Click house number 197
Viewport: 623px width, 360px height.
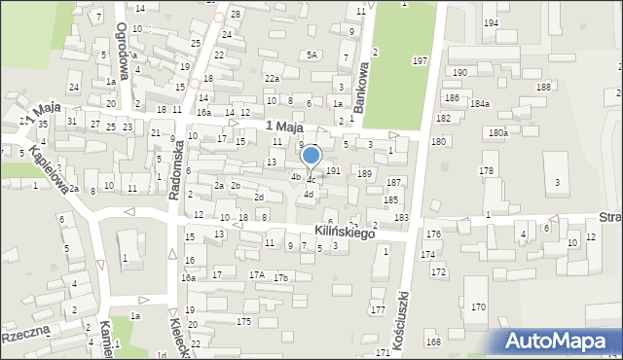coord(420,61)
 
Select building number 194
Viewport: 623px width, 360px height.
coord(491,22)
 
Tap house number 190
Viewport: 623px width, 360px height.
coord(459,73)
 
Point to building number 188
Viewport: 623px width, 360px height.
coord(542,88)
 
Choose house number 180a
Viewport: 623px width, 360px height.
coord(498,132)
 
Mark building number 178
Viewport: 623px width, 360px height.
coord(486,170)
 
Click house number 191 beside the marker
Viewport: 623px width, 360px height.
coord(333,170)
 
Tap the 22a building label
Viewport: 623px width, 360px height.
coord(273,78)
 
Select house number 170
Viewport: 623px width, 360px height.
coord(478,306)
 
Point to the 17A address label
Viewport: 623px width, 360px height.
coord(257,275)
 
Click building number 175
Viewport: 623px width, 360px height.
coord(243,321)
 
